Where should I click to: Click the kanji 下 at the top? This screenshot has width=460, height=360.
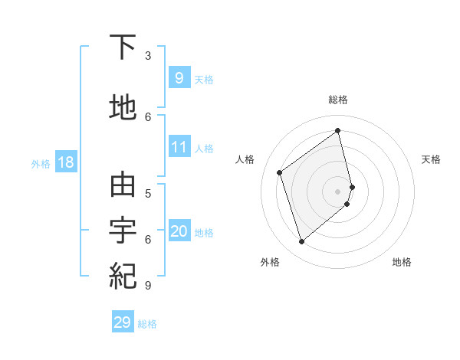(123, 47)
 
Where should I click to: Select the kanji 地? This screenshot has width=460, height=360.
(123, 108)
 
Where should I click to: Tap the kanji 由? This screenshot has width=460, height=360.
(123, 185)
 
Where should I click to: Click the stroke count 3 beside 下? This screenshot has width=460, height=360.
(148, 55)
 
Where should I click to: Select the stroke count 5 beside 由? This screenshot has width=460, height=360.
(148, 193)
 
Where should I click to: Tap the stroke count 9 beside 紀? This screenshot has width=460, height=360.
(148, 285)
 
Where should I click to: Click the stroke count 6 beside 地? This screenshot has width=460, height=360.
(148, 116)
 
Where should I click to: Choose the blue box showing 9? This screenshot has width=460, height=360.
(179, 77)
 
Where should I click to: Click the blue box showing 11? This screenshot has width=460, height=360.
(179, 146)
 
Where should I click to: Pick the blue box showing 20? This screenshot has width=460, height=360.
(179, 231)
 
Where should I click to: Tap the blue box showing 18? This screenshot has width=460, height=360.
(65, 162)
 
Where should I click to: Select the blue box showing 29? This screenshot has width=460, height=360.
(123, 322)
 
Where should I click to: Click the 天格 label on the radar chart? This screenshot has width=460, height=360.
(431, 159)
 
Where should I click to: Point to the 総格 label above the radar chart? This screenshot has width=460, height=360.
(338, 100)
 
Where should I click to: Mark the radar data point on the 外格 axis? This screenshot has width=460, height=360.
(301, 242)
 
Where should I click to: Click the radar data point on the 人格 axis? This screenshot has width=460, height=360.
(280, 172)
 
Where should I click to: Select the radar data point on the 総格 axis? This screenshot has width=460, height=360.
(338, 130)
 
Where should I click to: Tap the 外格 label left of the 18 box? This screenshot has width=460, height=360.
(41, 163)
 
